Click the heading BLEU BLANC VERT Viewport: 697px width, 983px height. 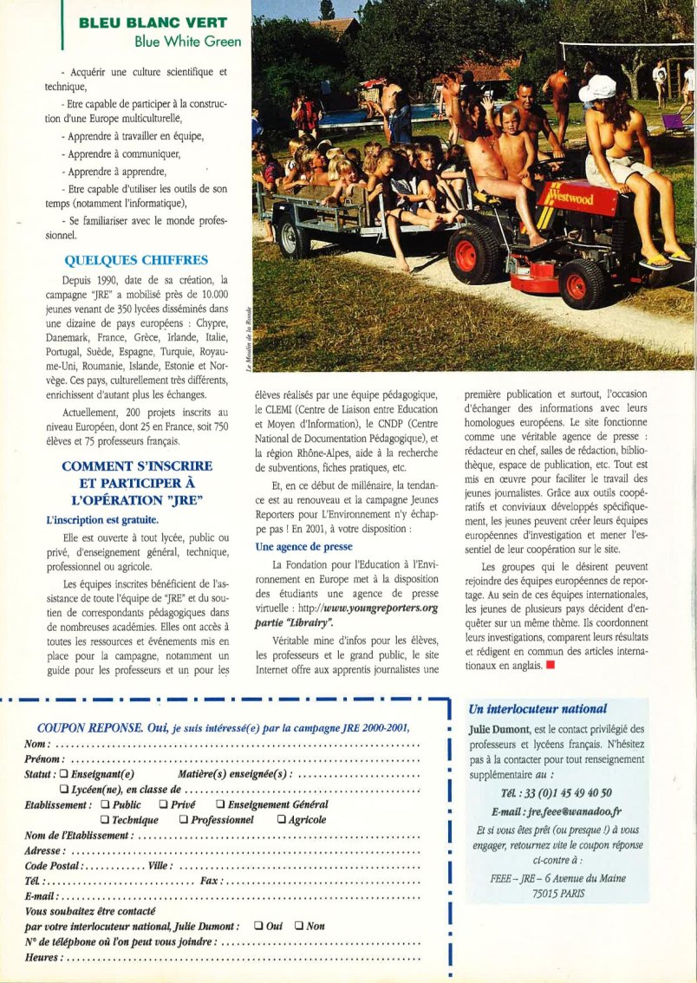point(153,22)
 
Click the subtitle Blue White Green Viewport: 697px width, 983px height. point(187,41)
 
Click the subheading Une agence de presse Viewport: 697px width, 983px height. point(303,547)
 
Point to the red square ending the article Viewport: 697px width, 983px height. point(548,665)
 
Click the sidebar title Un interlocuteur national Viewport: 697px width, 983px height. point(537,709)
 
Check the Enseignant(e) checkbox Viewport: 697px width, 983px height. point(64,774)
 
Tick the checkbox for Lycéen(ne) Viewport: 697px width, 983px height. point(64,790)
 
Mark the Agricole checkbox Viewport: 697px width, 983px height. point(281,820)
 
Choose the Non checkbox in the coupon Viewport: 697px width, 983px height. point(299,926)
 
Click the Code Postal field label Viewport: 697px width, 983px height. point(54,866)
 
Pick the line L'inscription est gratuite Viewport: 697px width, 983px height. point(102,520)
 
